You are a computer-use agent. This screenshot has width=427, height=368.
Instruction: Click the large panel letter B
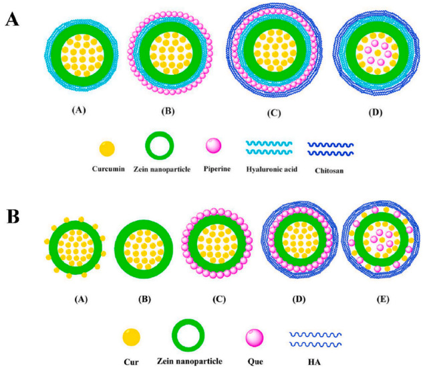(13, 198)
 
